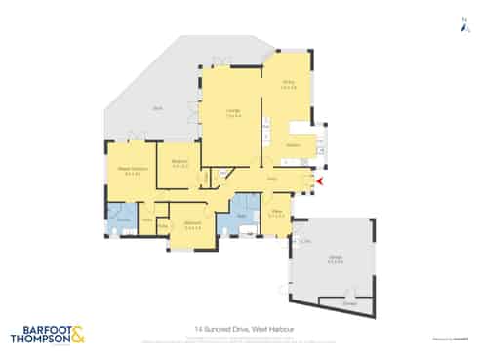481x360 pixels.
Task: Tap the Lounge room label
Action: tap(234, 112)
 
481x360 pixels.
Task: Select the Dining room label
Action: tap(288, 85)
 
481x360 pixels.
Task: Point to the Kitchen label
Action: tap(293, 144)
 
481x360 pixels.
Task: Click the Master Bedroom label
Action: tap(132, 168)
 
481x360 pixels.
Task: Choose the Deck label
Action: tap(156, 109)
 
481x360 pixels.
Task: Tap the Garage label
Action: tap(334, 258)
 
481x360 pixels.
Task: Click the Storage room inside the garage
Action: tap(350, 303)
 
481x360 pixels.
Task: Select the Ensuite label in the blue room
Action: tap(124, 220)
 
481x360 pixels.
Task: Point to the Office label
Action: tap(277, 211)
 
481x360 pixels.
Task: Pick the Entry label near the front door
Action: tap(274, 180)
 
